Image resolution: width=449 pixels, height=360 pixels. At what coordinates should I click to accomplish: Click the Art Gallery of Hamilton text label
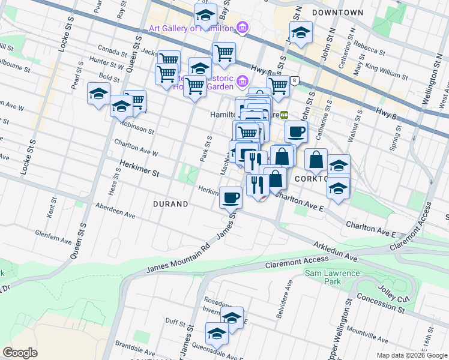point(190,28)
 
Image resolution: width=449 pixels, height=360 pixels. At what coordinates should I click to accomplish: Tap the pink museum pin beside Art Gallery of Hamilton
point(242,27)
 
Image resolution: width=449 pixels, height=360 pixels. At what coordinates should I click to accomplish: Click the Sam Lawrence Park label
point(332,278)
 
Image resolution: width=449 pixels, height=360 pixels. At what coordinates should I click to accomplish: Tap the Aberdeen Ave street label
point(115,210)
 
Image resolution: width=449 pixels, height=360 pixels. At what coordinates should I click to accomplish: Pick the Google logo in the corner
point(20,353)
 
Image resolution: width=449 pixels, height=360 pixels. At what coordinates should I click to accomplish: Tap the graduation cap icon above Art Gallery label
point(205,13)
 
